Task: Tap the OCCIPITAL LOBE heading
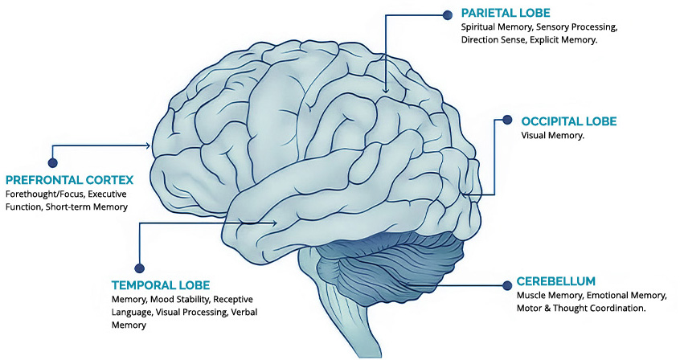[x=569, y=121]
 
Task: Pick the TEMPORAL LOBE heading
[x=161, y=285]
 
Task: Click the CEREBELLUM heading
[x=556, y=281]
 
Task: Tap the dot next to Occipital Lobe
[x=507, y=120]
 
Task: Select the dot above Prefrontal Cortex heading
[x=53, y=150]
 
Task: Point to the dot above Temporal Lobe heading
[x=139, y=268]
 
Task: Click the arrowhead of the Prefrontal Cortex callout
[x=149, y=145]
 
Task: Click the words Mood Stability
[x=180, y=300]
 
